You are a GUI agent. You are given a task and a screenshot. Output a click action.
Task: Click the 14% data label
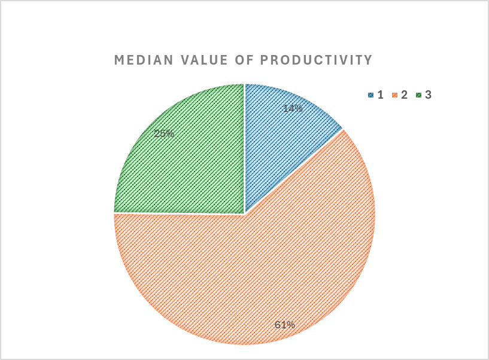pyautogui.click(x=293, y=108)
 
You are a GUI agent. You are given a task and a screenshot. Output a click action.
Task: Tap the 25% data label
pyautogui.click(x=164, y=133)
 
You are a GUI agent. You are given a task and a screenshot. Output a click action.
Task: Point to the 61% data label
pyautogui.click(x=285, y=325)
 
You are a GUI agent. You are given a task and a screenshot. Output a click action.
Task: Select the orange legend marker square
pyautogui.click(x=395, y=95)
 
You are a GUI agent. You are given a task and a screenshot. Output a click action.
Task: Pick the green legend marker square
pyautogui.click(x=419, y=95)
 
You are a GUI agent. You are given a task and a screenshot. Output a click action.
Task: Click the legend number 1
pyautogui.click(x=380, y=95)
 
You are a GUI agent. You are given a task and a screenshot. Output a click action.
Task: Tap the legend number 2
pyautogui.click(x=404, y=95)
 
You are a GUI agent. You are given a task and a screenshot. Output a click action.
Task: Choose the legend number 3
pyautogui.click(x=428, y=95)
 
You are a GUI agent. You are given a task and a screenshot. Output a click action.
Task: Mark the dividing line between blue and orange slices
pyautogui.click(x=293, y=171)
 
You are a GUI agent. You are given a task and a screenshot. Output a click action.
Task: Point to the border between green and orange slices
pyautogui.click(x=180, y=213)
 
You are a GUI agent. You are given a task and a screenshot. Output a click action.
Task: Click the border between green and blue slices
pyautogui.click(x=245, y=150)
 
